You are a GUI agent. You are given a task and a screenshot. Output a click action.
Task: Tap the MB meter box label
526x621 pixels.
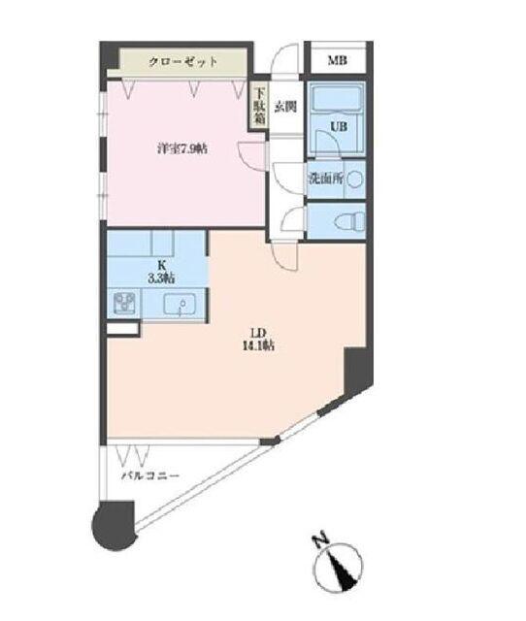point(337,61)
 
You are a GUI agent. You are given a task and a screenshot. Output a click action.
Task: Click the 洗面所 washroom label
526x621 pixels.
point(322,179)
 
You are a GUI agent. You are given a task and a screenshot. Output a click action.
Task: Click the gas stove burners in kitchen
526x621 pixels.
point(124,303)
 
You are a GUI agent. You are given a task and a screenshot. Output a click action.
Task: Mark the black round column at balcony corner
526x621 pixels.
point(110,524)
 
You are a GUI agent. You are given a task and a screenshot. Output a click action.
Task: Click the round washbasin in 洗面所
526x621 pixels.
point(355,179)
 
